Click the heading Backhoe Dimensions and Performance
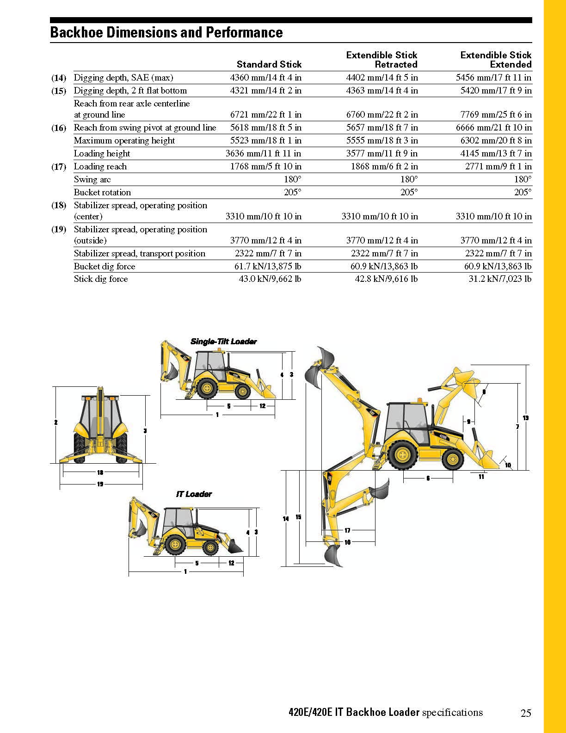(x=166, y=32)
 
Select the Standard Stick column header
(x=269, y=64)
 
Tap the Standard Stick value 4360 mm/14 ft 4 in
(x=265, y=78)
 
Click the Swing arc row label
(x=92, y=180)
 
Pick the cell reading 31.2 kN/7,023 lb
(x=500, y=279)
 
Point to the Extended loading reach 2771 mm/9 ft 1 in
(x=498, y=167)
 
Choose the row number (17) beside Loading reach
(x=59, y=167)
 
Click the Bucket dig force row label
(x=105, y=267)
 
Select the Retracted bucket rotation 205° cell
(x=409, y=193)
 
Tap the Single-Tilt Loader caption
(x=223, y=342)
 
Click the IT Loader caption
(x=194, y=494)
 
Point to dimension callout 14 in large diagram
(x=286, y=519)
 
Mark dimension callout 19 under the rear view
(x=100, y=484)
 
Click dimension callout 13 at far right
(x=525, y=418)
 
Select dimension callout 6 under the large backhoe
(x=428, y=478)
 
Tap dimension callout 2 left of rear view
(x=55, y=422)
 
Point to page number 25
(x=526, y=713)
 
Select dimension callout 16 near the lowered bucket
(x=347, y=542)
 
